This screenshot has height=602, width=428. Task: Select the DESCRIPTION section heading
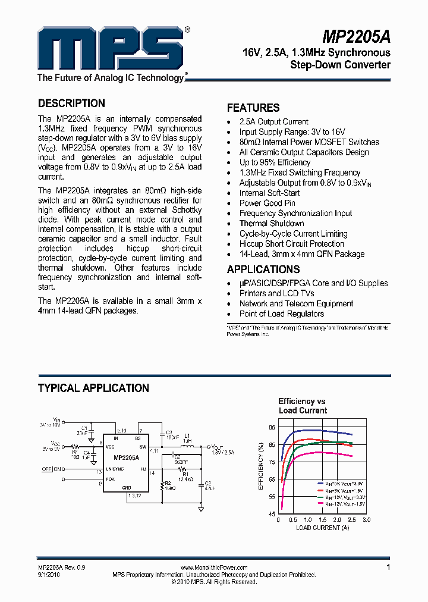pos(71,104)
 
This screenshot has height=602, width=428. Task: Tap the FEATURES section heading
pos(253,108)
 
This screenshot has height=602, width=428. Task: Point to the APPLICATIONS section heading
pos(263,269)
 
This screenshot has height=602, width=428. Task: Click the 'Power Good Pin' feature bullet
pos(267,203)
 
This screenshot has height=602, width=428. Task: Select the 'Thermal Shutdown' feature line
pos(272,223)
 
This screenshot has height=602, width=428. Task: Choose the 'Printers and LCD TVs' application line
pos(277,293)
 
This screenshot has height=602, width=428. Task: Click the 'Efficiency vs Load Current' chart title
pos(303,406)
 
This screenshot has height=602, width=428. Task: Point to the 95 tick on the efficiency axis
pos(272,428)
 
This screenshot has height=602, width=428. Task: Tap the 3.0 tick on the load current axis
pos(366,519)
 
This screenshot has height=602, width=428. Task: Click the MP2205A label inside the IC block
pos(126,458)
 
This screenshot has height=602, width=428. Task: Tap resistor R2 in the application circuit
pos(162,485)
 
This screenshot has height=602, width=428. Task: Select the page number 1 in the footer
pos(388,567)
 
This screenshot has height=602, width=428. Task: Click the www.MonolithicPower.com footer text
pos(213,568)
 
